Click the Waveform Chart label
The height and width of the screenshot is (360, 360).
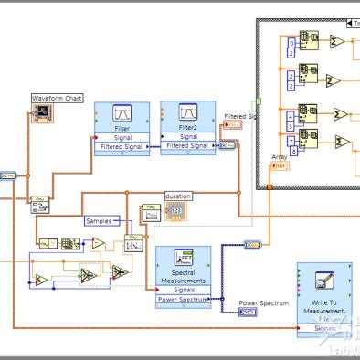click(x=57, y=98)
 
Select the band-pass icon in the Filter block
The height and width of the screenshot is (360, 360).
click(x=122, y=114)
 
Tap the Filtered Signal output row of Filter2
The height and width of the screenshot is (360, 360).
click(x=188, y=145)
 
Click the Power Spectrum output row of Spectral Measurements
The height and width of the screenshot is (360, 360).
click(x=184, y=299)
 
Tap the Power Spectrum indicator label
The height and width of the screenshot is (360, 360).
click(x=263, y=302)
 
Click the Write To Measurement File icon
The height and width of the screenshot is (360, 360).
click(x=323, y=281)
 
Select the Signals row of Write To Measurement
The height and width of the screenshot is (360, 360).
click(x=323, y=326)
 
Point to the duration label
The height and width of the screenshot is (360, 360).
click(x=178, y=196)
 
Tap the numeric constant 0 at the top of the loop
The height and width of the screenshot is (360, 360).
click(x=292, y=42)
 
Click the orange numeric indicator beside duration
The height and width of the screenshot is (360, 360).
click(x=175, y=211)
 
